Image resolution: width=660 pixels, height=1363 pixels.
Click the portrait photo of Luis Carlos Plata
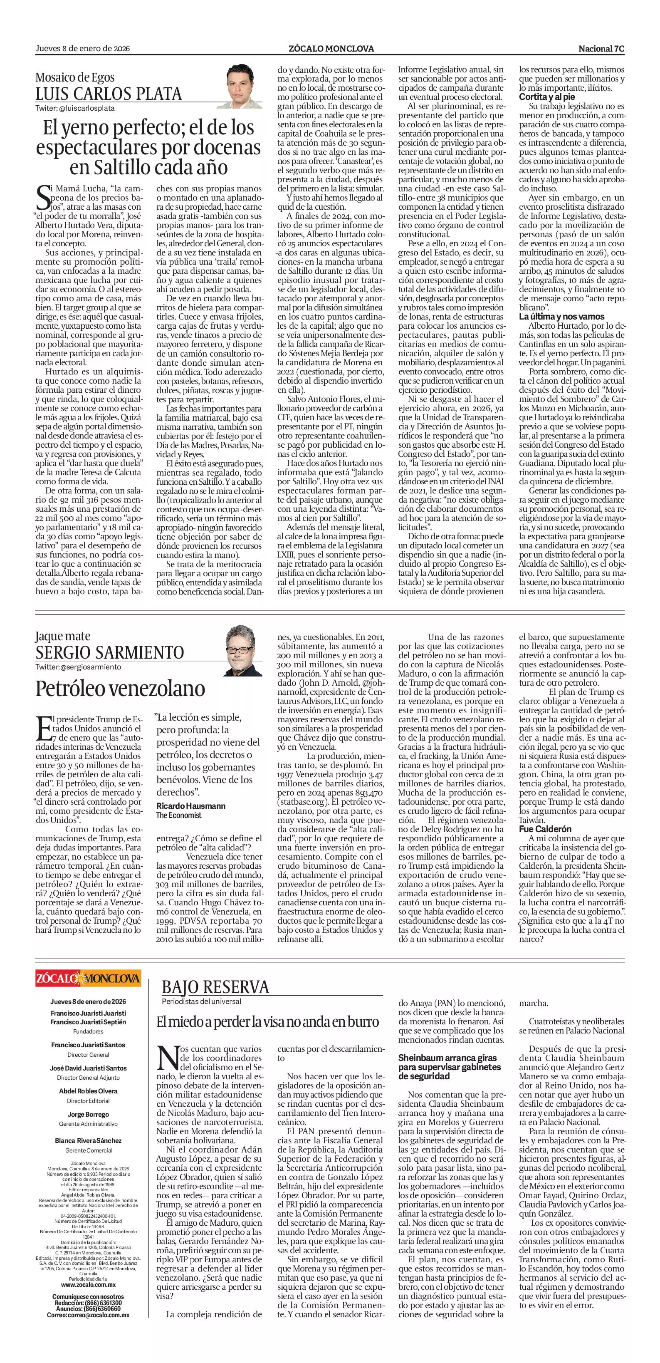pos(244,86)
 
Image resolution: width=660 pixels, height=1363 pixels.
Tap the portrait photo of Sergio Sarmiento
pos(244,650)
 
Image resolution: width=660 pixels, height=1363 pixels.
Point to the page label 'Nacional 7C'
pos(601,49)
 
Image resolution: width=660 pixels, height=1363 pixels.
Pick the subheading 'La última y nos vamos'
pos(554,316)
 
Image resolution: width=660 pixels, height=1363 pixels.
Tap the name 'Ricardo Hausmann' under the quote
pos(191,805)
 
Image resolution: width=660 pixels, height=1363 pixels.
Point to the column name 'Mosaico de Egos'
pos(74,77)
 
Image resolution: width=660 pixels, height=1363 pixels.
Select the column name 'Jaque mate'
pos(63,636)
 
